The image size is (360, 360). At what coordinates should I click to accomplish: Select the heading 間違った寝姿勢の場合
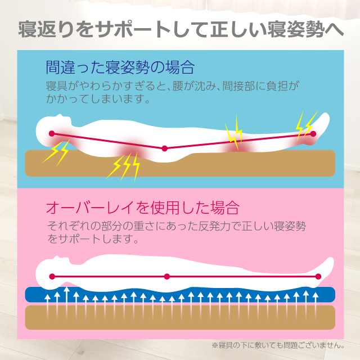pos(120,68)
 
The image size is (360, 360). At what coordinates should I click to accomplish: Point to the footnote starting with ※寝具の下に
pos(278,344)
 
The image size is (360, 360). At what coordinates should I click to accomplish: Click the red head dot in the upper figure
pos(52,134)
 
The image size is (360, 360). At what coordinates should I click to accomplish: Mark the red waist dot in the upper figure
pos(164,148)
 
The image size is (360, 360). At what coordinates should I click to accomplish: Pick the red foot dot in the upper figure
pos(313,133)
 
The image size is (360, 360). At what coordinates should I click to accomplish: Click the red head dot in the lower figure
pos(52,276)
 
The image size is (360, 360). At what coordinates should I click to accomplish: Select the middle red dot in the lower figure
pos(166,276)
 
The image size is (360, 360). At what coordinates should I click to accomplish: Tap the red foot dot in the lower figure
pos(318,276)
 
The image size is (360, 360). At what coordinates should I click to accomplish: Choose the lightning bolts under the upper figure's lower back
pos(124,165)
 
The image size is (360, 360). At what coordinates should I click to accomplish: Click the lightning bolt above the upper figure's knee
pos(233,130)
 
